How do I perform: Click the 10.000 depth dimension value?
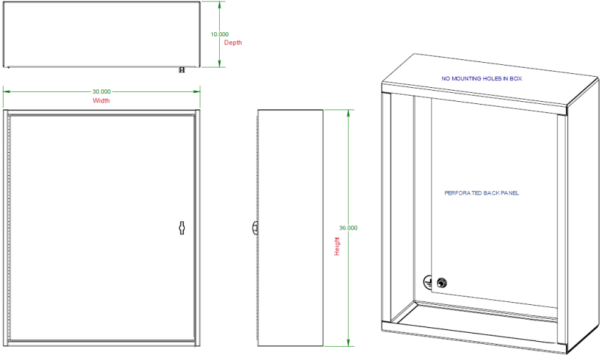220,34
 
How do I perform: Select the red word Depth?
233,43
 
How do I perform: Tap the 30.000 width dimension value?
101,91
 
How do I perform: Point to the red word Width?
101,100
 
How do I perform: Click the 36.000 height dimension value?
348,228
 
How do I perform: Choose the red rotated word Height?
337,246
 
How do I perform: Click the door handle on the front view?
181,227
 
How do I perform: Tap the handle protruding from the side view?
255,227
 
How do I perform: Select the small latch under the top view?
181,70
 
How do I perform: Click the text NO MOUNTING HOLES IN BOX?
481,79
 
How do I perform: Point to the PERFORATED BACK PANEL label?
481,193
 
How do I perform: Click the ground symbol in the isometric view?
428,282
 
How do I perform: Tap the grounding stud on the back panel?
441,283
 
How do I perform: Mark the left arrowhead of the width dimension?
6,91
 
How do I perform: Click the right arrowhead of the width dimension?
197,91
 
